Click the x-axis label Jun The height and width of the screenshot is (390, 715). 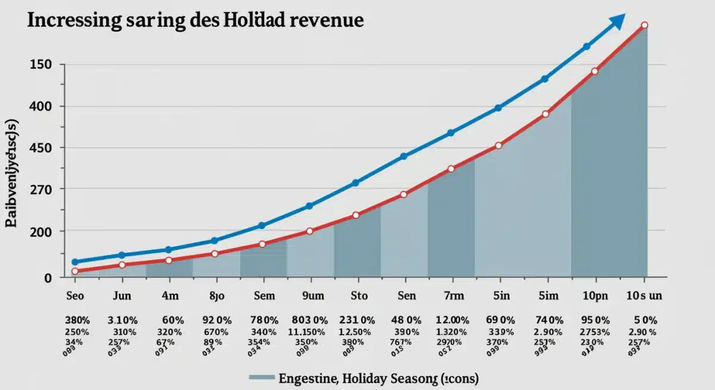pos(122,295)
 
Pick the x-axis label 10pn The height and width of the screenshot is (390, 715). pos(594,295)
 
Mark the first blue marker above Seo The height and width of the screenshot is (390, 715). pos(75,262)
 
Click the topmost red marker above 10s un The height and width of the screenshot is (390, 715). pos(644,25)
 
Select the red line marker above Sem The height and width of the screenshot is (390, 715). pos(262,244)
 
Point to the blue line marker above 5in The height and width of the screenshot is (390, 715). pos(498,108)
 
